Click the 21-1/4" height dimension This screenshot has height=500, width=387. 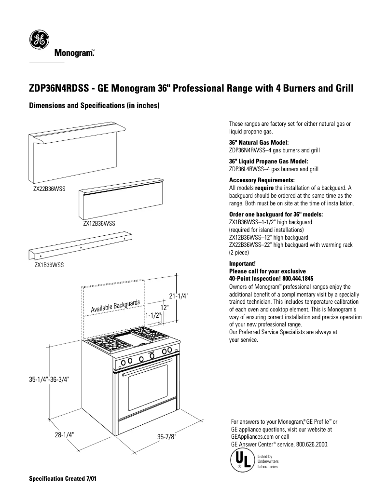pos(178,296)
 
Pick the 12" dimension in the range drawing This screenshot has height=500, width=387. pos(165,307)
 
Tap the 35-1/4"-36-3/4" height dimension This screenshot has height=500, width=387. pos(49,379)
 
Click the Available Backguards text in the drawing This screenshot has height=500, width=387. pos(115,306)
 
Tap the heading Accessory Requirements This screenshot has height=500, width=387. pos(259,180)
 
